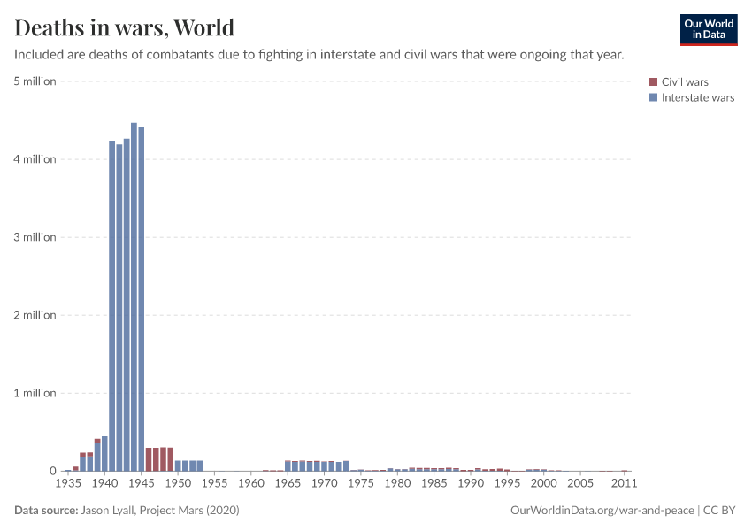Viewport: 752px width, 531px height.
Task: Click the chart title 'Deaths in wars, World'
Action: pyautogui.click(x=125, y=27)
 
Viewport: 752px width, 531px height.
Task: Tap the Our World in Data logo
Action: pyautogui.click(x=708, y=29)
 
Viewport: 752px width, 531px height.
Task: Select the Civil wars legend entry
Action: pyautogui.click(x=684, y=82)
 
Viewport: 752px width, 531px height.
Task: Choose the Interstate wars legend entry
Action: pyautogui.click(x=697, y=97)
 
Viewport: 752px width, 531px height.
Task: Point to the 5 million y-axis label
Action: pyautogui.click(x=35, y=81)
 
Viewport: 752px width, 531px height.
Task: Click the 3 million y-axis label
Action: pyautogui.click(x=35, y=237)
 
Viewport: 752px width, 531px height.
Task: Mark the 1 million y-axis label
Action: pyautogui.click(x=35, y=393)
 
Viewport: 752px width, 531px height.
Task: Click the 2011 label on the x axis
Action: pyautogui.click(x=625, y=484)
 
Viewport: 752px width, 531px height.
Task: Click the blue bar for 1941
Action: pyautogui.click(x=112, y=305)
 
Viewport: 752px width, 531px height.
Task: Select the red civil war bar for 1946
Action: pyautogui.click(x=149, y=459)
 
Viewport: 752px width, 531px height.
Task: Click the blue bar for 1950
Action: pyautogui.click(x=178, y=466)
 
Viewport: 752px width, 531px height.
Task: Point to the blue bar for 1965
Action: pyautogui.click(x=288, y=466)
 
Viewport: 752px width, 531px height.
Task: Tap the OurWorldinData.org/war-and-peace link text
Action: pyautogui.click(x=602, y=511)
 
